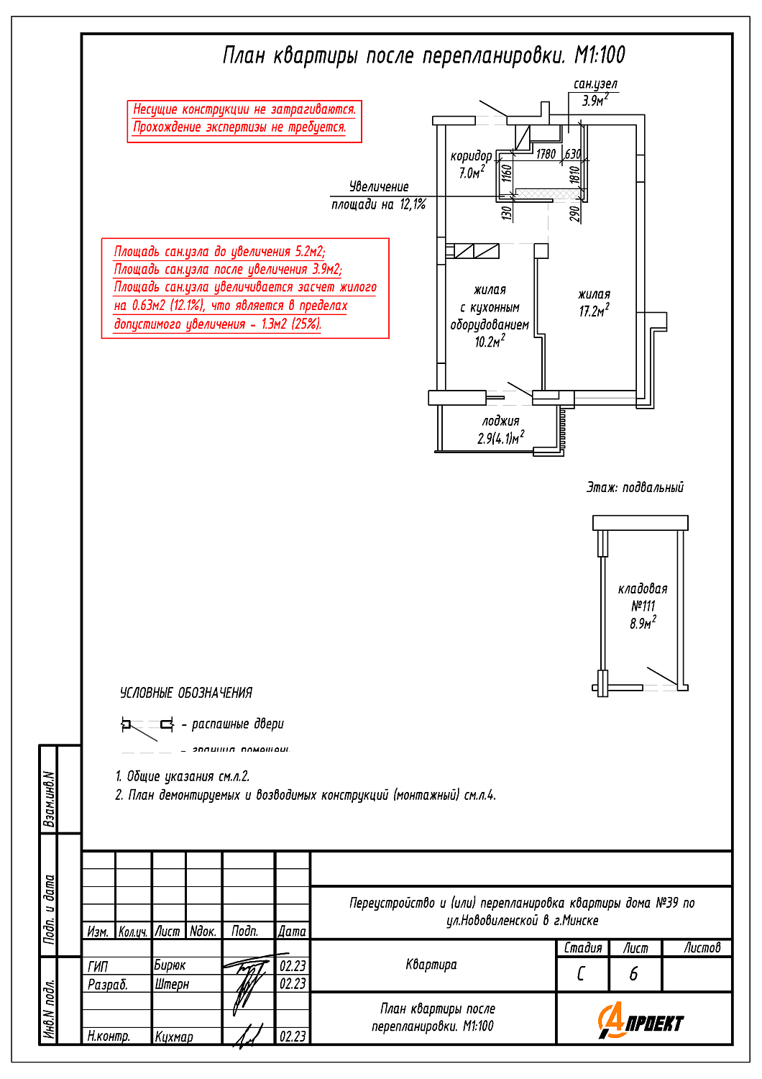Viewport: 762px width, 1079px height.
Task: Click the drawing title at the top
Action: pyautogui.click(x=423, y=55)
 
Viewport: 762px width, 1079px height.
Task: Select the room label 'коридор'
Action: pyautogui.click(x=471, y=156)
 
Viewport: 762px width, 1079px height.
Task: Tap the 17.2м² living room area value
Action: pyautogui.click(x=594, y=311)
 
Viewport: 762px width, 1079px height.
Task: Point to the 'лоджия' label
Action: pyautogui.click(x=500, y=422)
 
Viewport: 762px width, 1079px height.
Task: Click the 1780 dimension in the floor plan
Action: pyautogui.click(x=546, y=154)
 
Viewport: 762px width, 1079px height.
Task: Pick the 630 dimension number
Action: pyautogui.click(x=572, y=154)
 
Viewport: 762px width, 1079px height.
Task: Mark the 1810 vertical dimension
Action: pyautogui.click(x=574, y=175)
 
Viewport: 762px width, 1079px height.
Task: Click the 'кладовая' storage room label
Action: pyautogui.click(x=643, y=589)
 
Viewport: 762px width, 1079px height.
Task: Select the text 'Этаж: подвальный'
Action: pyautogui.click(x=635, y=488)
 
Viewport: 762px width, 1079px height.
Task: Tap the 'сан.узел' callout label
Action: pyautogui.click(x=595, y=84)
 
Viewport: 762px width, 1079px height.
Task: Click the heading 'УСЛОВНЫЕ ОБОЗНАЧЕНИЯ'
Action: pyautogui.click(x=186, y=693)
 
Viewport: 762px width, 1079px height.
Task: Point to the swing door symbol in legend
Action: pyautogui.click(x=147, y=725)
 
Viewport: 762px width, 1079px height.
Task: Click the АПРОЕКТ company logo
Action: pyautogui.click(x=641, y=1022)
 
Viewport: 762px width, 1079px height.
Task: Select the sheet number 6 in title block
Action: pyautogui.click(x=633, y=974)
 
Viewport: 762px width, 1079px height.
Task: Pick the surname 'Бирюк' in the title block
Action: pyautogui.click(x=170, y=965)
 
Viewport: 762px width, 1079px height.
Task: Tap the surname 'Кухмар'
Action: pyautogui.click(x=174, y=1037)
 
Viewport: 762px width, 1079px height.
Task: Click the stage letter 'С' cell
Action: pyautogui.click(x=581, y=974)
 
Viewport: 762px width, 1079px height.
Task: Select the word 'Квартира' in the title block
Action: pyautogui.click(x=431, y=965)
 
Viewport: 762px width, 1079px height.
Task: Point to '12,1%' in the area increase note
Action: pyautogui.click(x=413, y=205)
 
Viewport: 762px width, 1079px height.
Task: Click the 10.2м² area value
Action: pyautogui.click(x=490, y=342)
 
